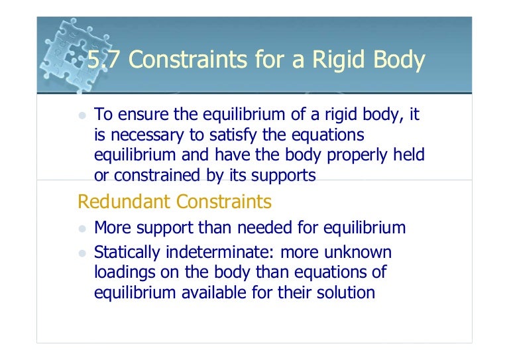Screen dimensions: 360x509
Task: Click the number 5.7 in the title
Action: (101, 60)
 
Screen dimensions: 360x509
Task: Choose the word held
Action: (409, 155)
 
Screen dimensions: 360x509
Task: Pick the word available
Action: (217, 292)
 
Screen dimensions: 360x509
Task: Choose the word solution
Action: (345, 292)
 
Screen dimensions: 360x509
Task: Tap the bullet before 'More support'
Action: (83, 229)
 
